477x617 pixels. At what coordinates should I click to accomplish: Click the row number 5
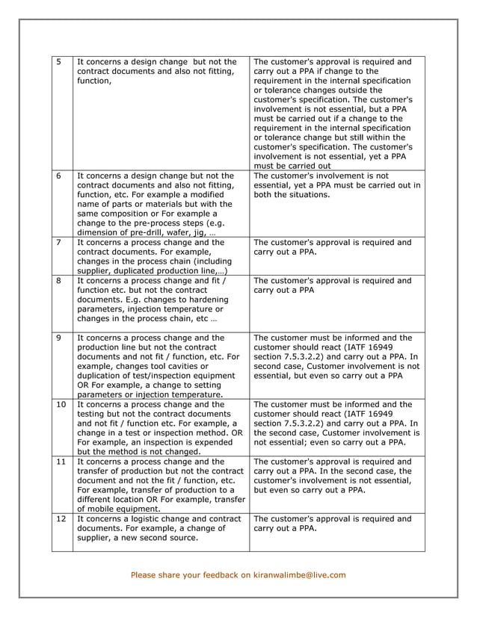coord(59,62)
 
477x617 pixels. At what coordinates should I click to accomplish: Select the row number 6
coord(59,176)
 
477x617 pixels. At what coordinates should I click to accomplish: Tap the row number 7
coord(59,243)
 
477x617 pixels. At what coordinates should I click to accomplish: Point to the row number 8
coord(59,281)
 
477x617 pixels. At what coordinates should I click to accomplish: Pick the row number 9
coord(59,338)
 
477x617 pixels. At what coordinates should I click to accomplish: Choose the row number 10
coord(61,405)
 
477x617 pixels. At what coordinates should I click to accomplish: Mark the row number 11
coord(61,462)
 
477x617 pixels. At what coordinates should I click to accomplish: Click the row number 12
coord(61,518)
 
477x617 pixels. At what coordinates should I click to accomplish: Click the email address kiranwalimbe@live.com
coord(299,575)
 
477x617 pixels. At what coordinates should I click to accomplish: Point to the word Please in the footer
coord(145,575)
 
